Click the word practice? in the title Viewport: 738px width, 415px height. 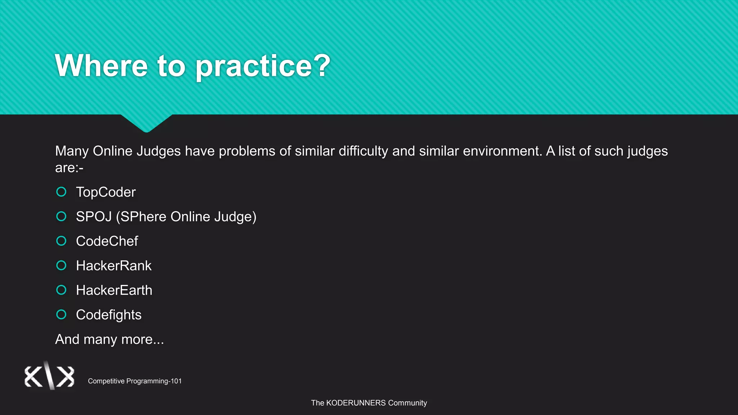pyautogui.click(x=263, y=66)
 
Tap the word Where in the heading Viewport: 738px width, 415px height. pyautogui.click(x=101, y=66)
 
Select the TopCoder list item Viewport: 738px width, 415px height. pyautogui.click(x=106, y=192)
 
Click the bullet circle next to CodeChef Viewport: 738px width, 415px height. pyautogui.click(x=61, y=241)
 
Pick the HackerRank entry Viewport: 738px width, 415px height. pyautogui.click(x=114, y=266)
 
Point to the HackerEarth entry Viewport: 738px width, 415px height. pyautogui.click(x=114, y=290)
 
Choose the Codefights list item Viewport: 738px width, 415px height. pyautogui.click(x=108, y=315)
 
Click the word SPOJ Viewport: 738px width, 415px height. pyautogui.click(x=94, y=217)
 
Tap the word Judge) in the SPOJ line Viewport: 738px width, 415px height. pyautogui.click(x=235, y=217)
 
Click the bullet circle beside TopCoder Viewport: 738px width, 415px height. pyautogui.click(x=61, y=192)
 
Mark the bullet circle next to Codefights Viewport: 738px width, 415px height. pyautogui.click(x=61, y=314)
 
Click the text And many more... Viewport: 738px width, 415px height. pyautogui.click(x=109, y=339)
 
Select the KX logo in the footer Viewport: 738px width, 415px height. pyautogui.click(x=49, y=376)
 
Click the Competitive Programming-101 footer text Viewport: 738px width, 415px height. pyautogui.click(x=135, y=381)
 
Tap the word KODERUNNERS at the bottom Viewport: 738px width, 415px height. pyautogui.click(x=356, y=403)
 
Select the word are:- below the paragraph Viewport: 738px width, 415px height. pyautogui.click(x=69, y=168)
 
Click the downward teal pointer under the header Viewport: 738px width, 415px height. pyautogui.click(x=146, y=122)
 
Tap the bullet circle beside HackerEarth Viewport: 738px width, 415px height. pyautogui.click(x=61, y=290)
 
